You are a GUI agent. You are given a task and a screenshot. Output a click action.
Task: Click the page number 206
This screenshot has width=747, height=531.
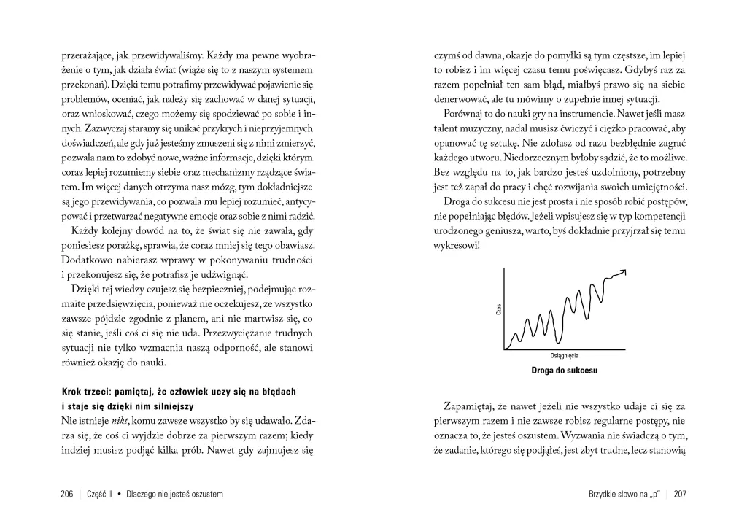pos(68,494)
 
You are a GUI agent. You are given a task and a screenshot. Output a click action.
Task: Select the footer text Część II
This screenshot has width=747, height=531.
pos(102,494)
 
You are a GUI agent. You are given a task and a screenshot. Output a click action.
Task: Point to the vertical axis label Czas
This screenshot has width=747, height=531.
pos(499,309)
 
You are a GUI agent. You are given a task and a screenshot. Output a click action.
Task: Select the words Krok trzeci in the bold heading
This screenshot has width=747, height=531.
pos(85,392)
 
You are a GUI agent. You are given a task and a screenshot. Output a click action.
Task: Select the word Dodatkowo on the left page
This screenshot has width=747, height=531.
pos(88,260)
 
